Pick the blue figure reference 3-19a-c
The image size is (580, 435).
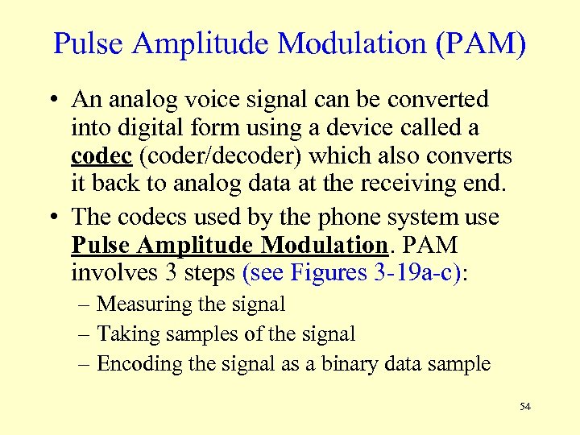tap(412, 273)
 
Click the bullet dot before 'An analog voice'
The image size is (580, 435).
tap(53, 100)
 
